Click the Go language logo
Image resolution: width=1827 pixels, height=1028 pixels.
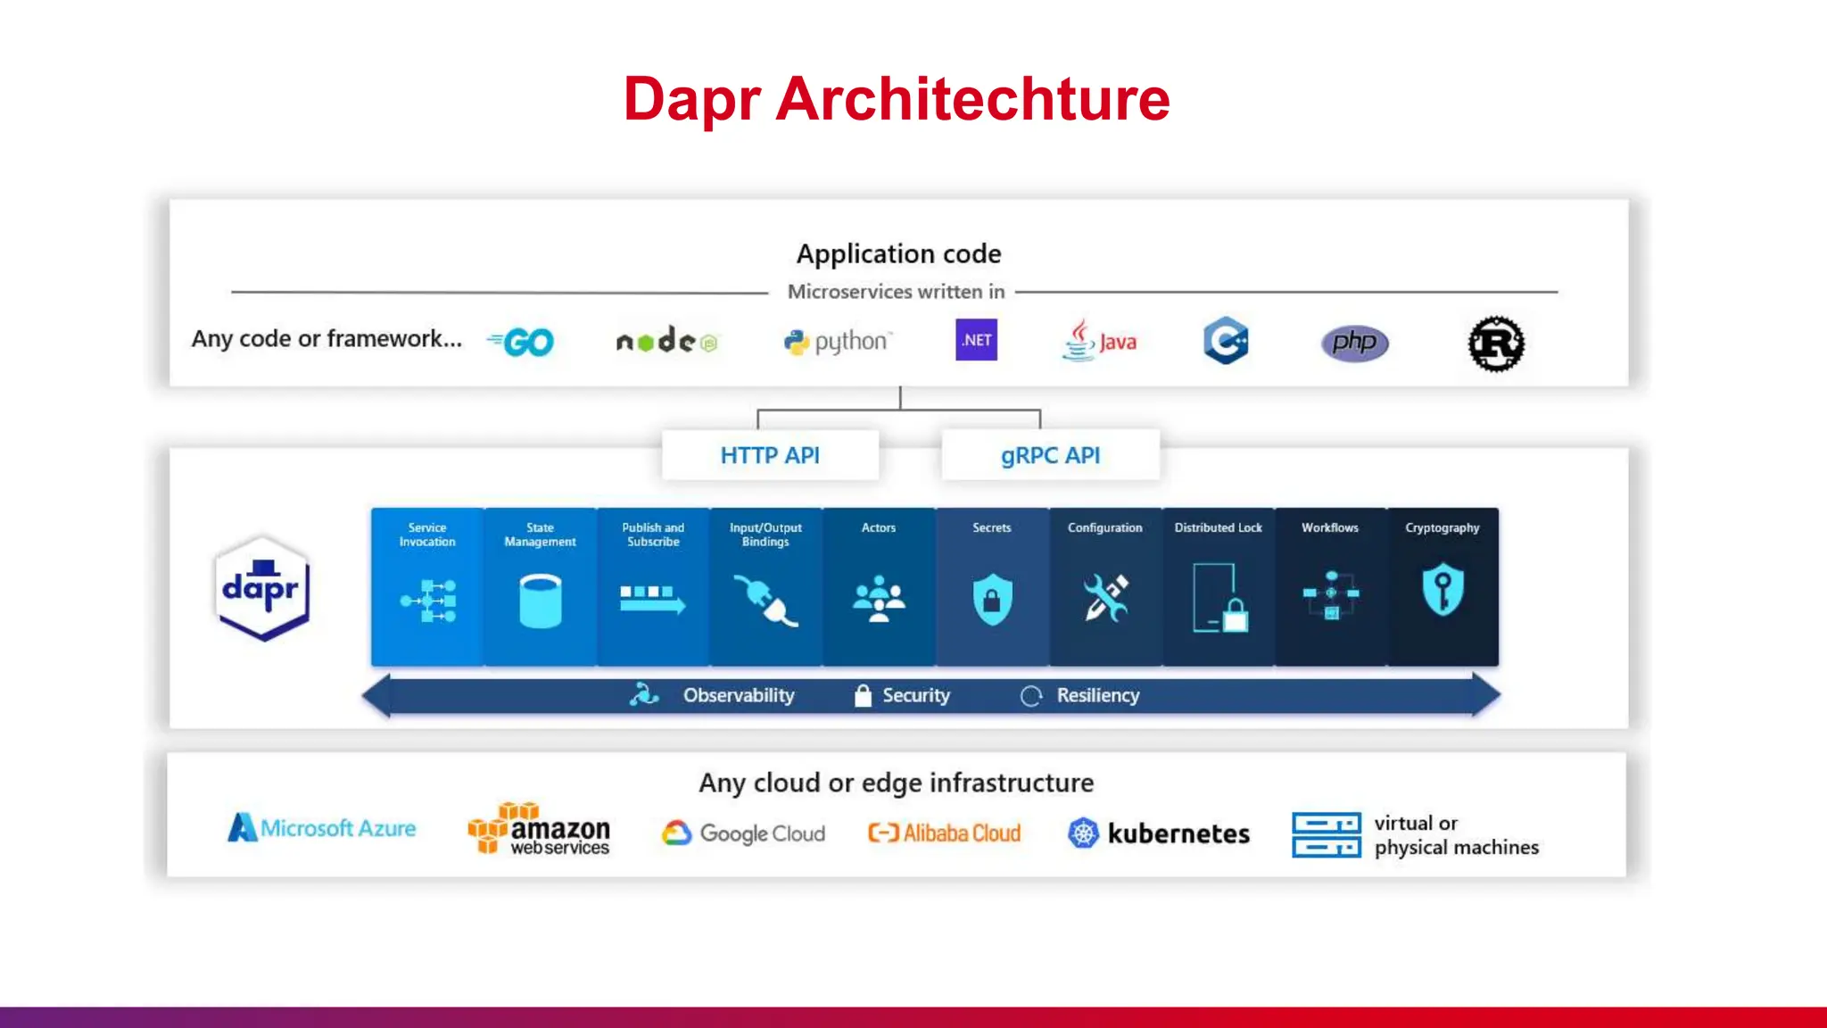[523, 342]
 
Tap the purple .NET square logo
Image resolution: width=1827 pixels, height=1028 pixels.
[976, 340]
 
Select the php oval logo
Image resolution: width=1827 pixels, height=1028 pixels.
[1354, 343]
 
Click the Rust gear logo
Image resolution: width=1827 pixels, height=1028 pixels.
[1496, 344]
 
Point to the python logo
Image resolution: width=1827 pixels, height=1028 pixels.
[837, 342]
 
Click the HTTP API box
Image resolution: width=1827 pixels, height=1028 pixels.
[770, 455]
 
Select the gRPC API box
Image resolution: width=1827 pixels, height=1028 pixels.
[1050, 455]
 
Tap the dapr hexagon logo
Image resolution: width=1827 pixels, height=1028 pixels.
[262, 588]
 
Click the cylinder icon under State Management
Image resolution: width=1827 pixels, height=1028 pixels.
[540, 601]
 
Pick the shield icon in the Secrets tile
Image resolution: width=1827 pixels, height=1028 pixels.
[992, 599]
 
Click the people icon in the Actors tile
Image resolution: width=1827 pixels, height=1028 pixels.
[879, 599]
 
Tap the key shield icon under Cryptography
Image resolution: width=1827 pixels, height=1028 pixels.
[1443, 589]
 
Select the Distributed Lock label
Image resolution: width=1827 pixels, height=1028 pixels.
[1218, 527]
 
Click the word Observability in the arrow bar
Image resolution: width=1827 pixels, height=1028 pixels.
[739, 695]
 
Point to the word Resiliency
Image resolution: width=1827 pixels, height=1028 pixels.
[1097, 695]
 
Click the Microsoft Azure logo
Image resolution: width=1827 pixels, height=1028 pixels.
[322, 828]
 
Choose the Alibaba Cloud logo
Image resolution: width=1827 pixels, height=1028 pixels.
[945, 833]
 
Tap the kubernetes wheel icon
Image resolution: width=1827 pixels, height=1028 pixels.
[1083, 833]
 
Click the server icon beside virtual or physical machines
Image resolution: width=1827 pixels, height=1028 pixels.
[1326, 834]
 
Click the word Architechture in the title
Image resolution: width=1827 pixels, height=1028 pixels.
[972, 99]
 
